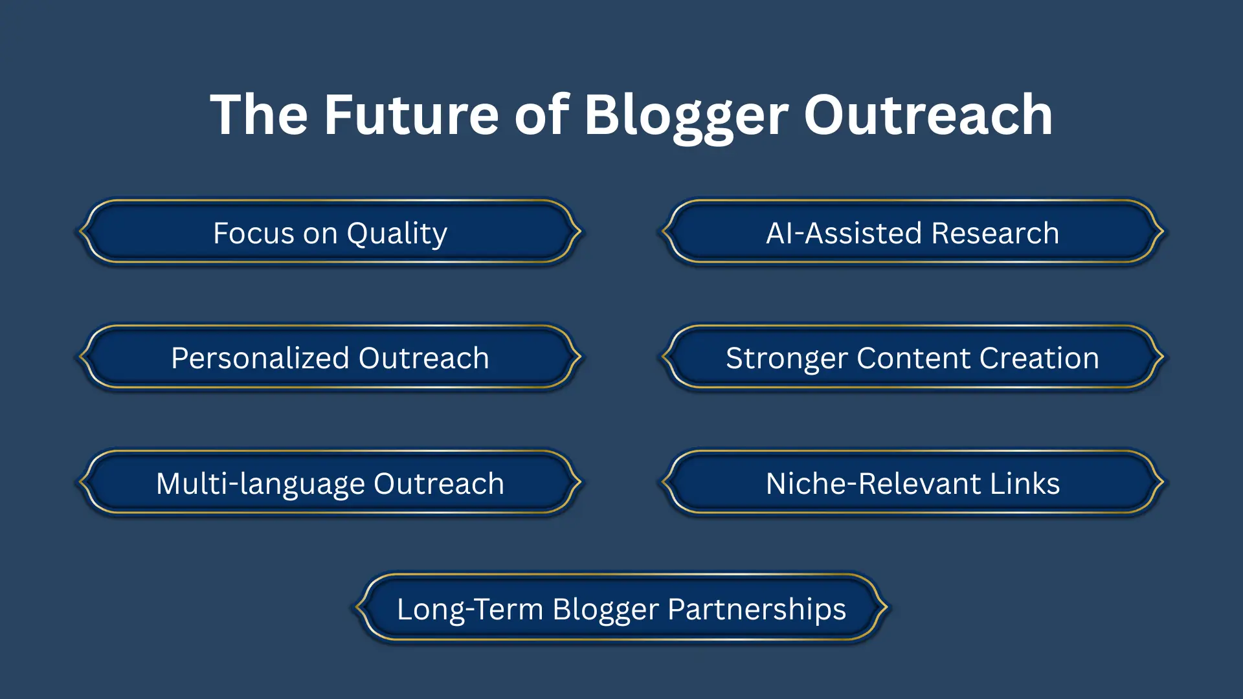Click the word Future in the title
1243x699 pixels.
click(x=411, y=115)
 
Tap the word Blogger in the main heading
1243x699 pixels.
click(x=686, y=115)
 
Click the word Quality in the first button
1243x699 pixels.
click(x=397, y=234)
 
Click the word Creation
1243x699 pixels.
click(x=1039, y=358)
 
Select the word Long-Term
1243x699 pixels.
click(x=469, y=609)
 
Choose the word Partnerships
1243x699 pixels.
click(x=756, y=609)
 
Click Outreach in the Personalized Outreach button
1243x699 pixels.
click(x=423, y=358)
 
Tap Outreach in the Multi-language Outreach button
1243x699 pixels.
click(x=438, y=483)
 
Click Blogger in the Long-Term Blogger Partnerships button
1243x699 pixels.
click(x=605, y=609)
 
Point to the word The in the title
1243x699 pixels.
click(x=259, y=115)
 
